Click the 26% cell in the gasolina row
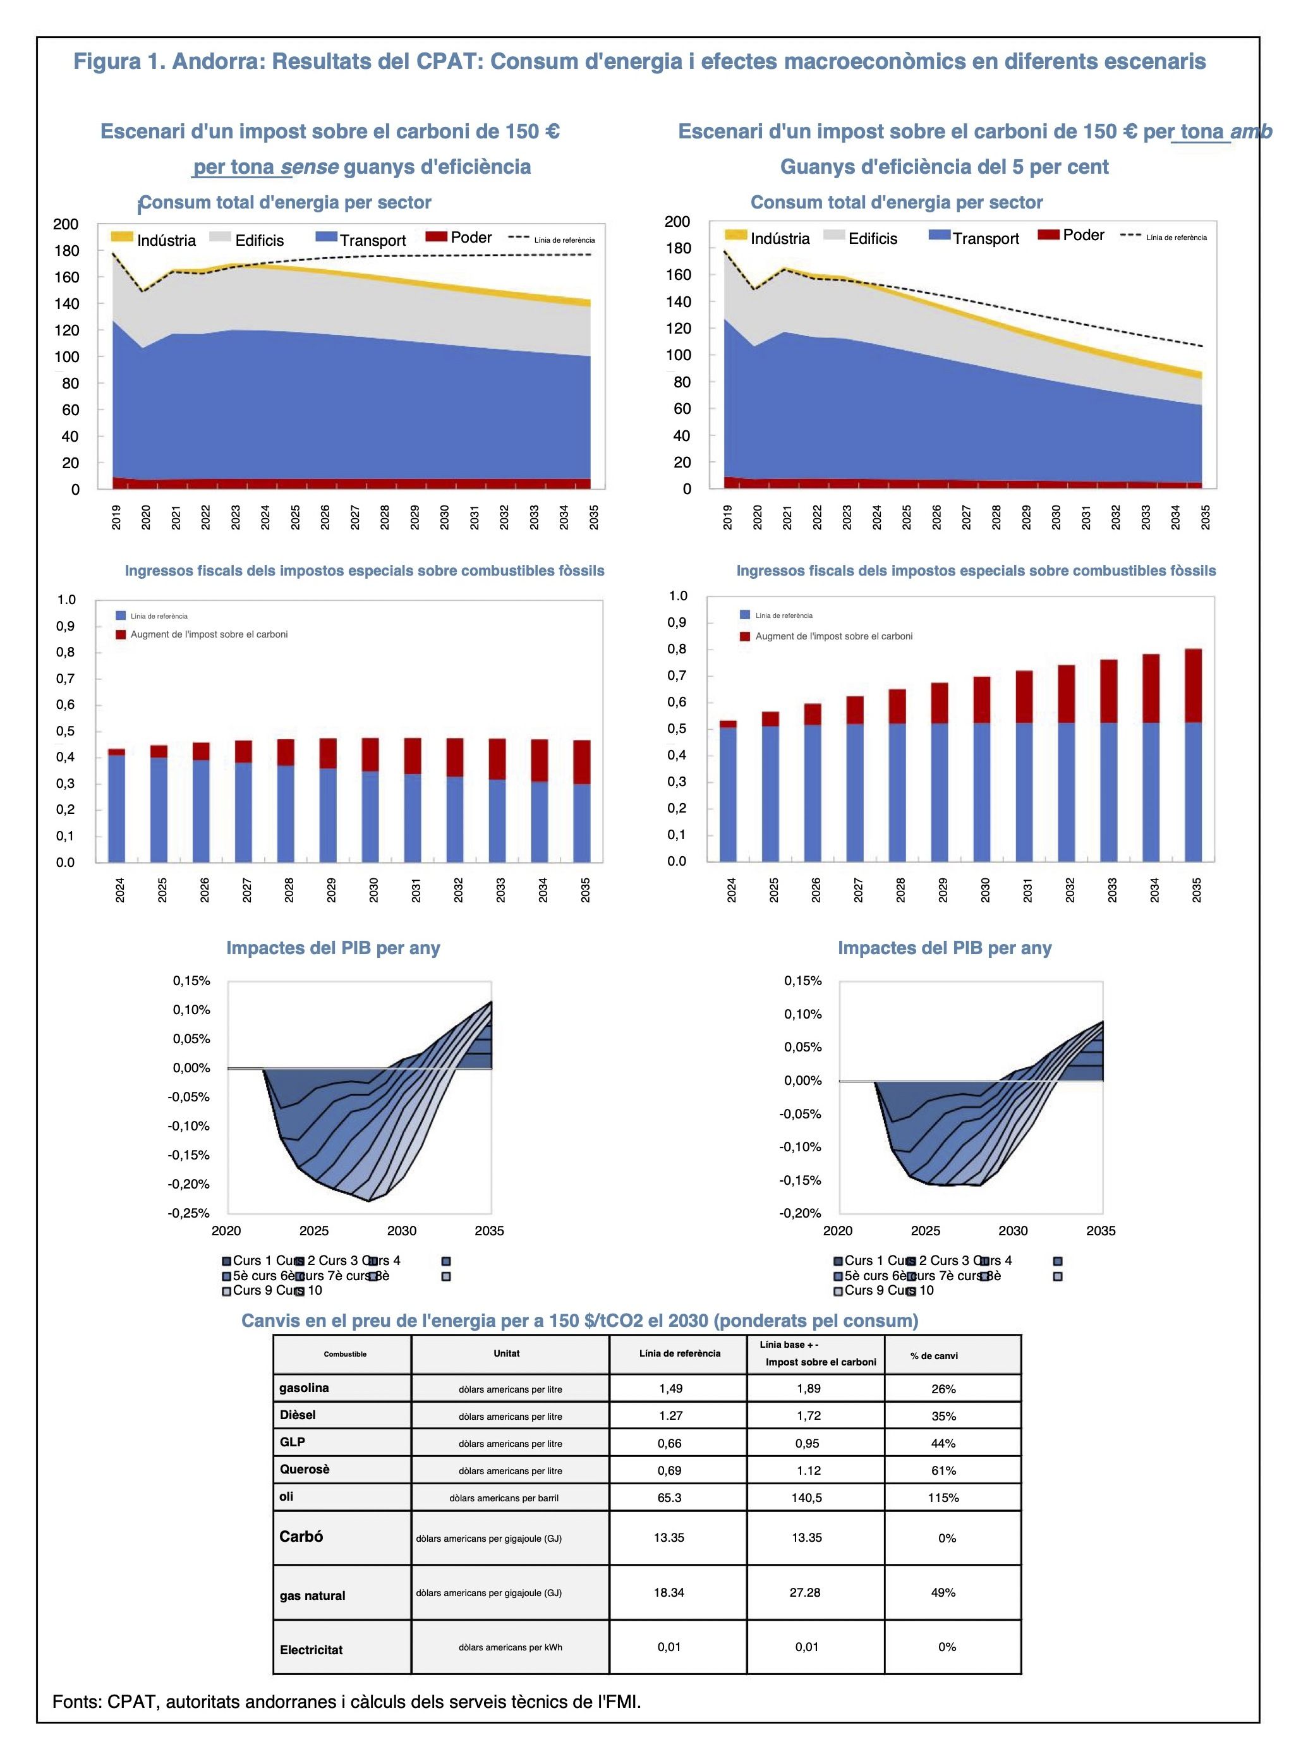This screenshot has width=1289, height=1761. click(943, 1389)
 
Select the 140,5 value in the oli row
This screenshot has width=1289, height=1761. click(807, 1498)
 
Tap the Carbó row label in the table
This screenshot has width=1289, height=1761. click(301, 1536)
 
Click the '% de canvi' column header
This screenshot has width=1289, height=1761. click(933, 1355)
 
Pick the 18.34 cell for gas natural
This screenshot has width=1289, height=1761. click(669, 1592)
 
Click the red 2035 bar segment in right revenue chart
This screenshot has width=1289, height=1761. click(1193, 685)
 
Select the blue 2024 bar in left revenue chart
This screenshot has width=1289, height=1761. click(116, 808)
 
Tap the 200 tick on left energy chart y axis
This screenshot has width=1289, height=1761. click(66, 224)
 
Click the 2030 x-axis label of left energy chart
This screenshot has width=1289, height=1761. click(444, 517)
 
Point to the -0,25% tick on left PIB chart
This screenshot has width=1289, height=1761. click(189, 1213)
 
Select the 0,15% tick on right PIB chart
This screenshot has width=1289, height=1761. click(803, 981)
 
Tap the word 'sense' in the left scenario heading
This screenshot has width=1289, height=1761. click(309, 166)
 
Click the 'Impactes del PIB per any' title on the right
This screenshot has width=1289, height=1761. click(944, 948)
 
